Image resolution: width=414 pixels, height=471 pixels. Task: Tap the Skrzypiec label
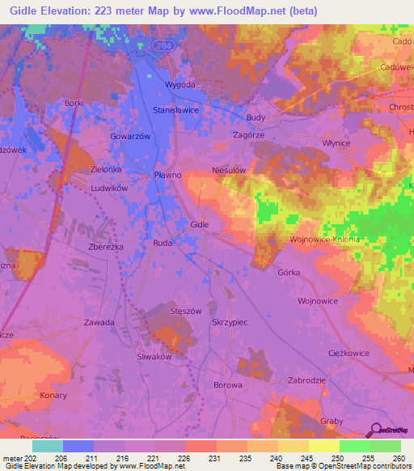(x=229, y=321)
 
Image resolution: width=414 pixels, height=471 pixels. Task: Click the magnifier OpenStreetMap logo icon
(x=374, y=430)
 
